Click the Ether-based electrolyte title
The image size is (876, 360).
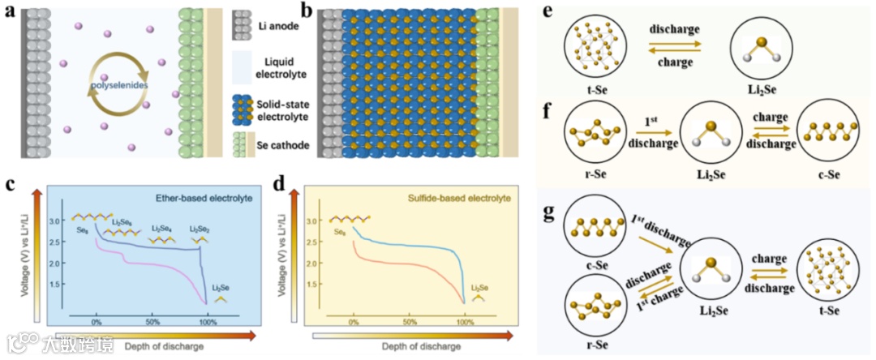tap(202, 197)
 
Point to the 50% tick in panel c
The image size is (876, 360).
tap(152, 322)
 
